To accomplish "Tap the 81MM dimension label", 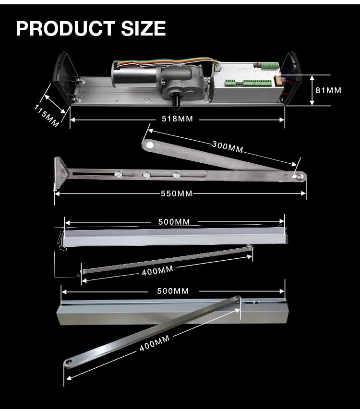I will tap(327, 90).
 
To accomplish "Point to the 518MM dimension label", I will tap(176, 119).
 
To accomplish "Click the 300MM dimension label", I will tap(228, 146).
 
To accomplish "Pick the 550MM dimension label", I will tap(176, 193).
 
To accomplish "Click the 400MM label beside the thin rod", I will tap(157, 271).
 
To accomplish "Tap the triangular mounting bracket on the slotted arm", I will tap(60, 171).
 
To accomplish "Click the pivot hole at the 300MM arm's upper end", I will tap(149, 145).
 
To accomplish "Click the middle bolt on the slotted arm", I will tap(145, 175).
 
